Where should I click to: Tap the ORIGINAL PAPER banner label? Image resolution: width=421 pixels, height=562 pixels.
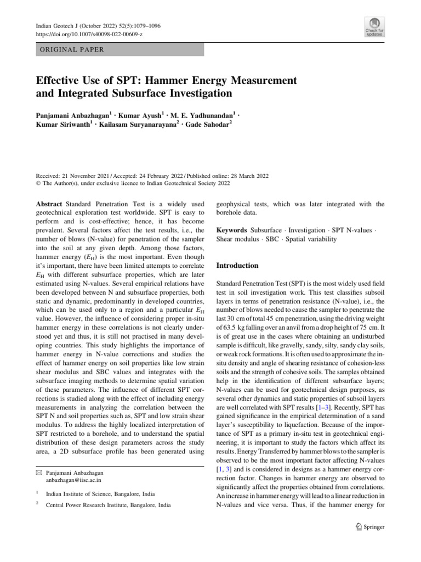pyautogui.click(x=70, y=49)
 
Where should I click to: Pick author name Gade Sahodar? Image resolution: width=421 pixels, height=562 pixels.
pyautogui.click(x=212, y=124)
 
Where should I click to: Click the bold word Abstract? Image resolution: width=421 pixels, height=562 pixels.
pyautogui.click(x=49, y=204)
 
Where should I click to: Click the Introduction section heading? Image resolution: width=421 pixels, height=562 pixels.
pyautogui.click(x=237, y=266)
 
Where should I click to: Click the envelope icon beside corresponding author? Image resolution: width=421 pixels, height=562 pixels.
pyautogui.click(x=38, y=471)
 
